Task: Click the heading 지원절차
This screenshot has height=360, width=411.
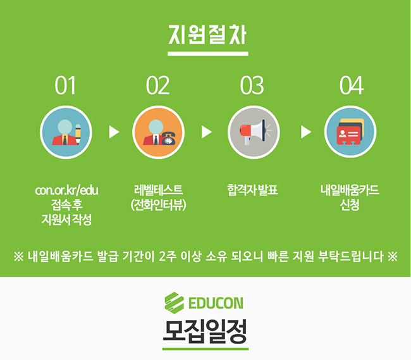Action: click(x=207, y=35)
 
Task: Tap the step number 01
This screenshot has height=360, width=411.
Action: click(x=65, y=85)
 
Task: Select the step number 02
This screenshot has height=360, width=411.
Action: click(x=158, y=85)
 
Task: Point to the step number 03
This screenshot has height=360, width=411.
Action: click(x=252, y=85)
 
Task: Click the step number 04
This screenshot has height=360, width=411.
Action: click(x=352, y=85)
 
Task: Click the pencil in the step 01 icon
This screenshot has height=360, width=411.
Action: click(x=78, y=133)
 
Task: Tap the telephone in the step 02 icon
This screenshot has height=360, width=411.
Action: click(x=169, y=138)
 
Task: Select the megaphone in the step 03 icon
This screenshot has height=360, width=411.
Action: click(x=254, y=132)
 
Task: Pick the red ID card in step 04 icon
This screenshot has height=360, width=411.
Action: click(x=348, y=135)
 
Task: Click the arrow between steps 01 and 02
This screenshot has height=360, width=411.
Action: click(x=114, y=132)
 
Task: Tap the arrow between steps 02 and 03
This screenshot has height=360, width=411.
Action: click(x=206, y=132)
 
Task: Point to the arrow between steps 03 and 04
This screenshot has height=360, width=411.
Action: click(x=306, y=132)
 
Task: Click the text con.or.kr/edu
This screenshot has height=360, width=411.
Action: click(x=66, y=190)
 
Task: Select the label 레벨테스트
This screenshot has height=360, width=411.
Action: click(x=158, y=190)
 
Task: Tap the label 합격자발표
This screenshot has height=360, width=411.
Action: click(x=252, y=190)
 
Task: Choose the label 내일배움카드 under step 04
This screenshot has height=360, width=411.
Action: click(x=350, y=190)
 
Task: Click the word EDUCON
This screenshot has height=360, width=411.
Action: click(x=216, y=303)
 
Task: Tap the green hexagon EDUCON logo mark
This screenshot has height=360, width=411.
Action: click(x=174, y=303)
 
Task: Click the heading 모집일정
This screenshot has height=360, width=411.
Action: click(x=205, y=332)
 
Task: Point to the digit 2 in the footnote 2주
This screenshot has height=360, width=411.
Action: click(x=163, y=256)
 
